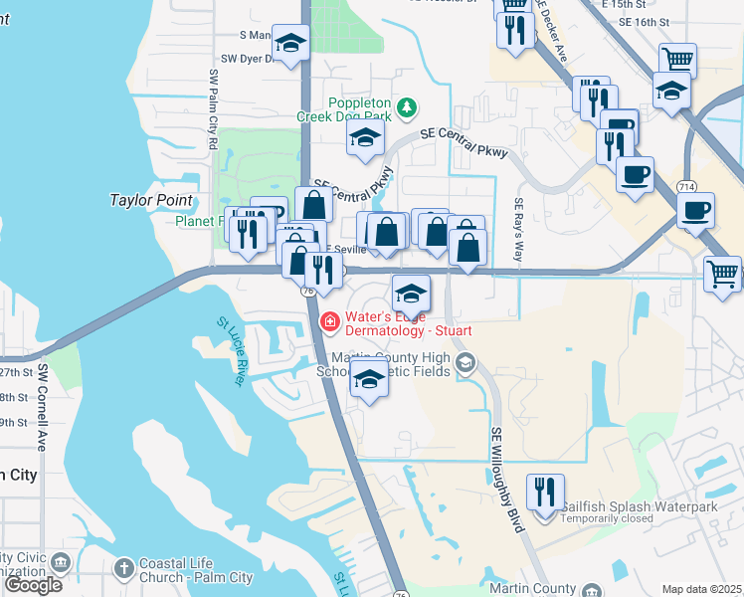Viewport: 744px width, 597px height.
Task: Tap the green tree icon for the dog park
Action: [x=406, y=106]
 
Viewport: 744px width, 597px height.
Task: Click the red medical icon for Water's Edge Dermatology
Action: [x=329, y=322]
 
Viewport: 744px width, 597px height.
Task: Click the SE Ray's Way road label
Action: [x=518, y=230]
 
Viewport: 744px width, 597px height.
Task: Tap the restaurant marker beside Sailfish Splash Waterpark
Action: [x=544, y=492]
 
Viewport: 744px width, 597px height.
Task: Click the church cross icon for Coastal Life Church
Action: [x=123, y=568]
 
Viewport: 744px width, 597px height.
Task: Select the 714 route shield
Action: [x=686, y=186]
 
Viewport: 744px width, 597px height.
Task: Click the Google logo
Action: [x=33, y=585]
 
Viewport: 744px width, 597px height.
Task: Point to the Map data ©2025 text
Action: [x=701, y=589]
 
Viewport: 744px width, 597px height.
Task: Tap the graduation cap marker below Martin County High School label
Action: [x=369, y=379]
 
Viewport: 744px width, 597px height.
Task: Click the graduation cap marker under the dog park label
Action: [x=366, y=136]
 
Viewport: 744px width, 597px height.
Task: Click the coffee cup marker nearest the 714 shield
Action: [x=695, y=210]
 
